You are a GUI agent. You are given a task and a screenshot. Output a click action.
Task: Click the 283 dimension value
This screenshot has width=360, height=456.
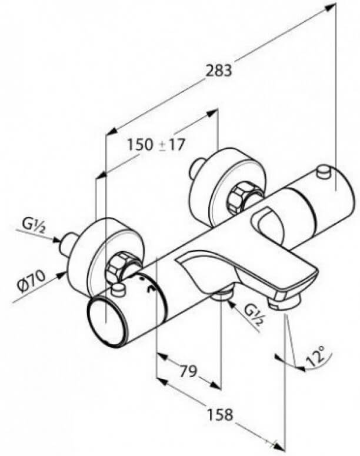point(219,71)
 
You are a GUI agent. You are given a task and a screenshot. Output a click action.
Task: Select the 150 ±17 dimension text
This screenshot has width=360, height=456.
point(156,145)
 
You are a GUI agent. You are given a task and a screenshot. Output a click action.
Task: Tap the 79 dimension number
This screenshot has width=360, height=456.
point(188,371)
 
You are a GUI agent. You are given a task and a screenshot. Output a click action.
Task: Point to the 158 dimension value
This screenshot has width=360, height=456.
point(220,414)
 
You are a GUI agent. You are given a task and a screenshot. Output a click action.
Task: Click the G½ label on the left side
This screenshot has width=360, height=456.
point(33,227)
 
